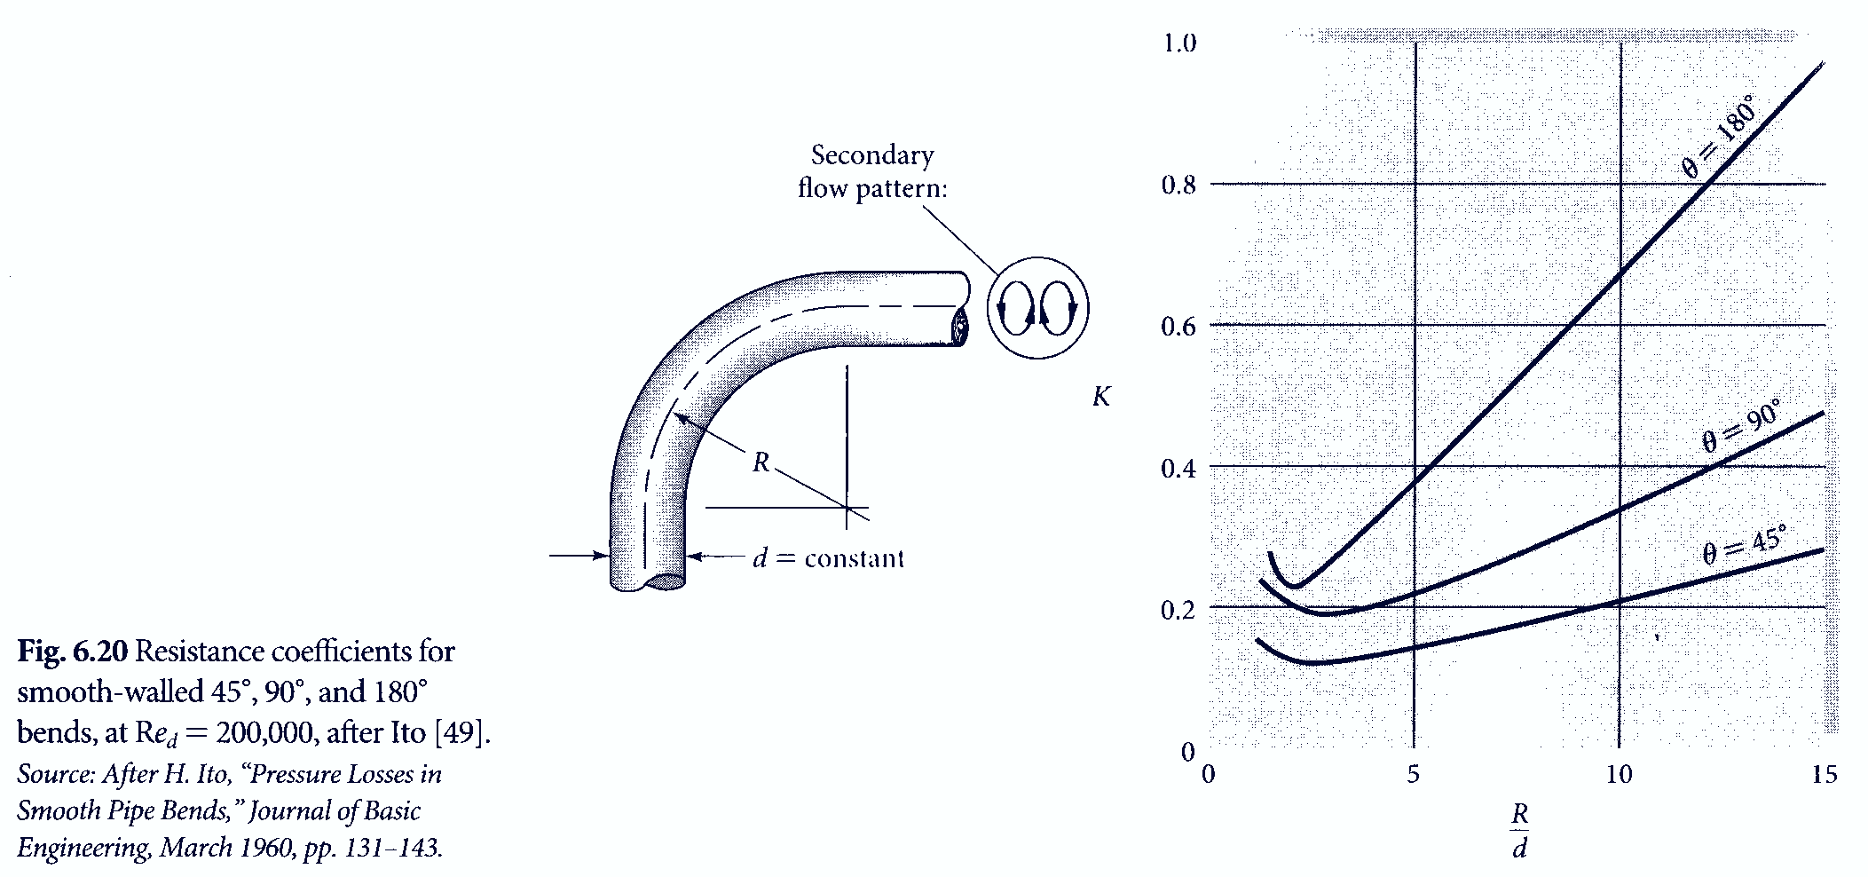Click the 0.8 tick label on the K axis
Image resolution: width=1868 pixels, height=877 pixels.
click(1178, 186)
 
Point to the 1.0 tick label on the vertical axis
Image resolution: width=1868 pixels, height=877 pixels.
click(1179, 43)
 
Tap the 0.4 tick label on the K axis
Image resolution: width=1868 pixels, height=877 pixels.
click(1178, 468)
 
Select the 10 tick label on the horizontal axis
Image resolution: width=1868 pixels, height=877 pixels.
click(1620, 774)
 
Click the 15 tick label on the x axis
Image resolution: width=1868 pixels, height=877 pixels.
click(1825, 774)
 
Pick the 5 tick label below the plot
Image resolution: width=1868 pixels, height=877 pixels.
click(1414, 774)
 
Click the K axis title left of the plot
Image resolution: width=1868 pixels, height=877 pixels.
click(1101, 397)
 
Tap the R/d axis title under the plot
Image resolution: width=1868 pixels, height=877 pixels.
click(1520, 831)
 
